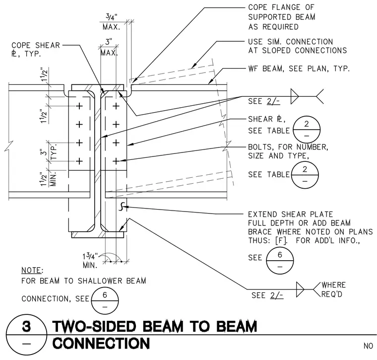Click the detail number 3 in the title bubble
point(26,327)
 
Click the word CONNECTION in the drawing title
point(101,343)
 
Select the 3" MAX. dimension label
point(109,47)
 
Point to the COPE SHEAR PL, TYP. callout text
point(36,49)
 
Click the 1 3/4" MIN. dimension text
point(91,261)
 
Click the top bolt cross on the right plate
point(116,106)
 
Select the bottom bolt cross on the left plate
point(79,161)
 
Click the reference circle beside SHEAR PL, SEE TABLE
point(307,130)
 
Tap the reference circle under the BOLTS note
point(305,175)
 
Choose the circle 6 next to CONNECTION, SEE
point(105,300)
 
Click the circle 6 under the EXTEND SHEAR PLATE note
point(280,261)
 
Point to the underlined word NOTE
point(31,271)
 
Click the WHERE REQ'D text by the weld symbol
point(333,289)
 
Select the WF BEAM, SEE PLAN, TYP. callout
point(299,69)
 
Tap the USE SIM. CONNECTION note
point(298,46)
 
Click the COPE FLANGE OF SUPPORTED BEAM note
point(282,17)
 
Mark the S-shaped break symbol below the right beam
point(122,207)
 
